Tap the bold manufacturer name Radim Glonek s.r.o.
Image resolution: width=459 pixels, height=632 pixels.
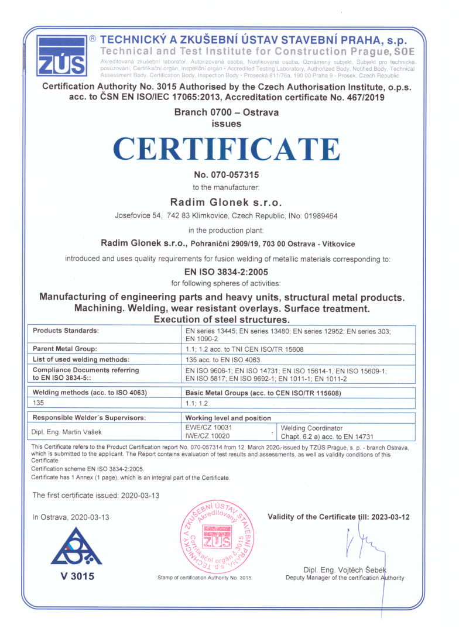(226, 202)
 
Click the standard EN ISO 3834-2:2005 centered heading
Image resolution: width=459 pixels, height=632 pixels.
(226, 271)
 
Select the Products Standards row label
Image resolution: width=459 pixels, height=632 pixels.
(66, 331)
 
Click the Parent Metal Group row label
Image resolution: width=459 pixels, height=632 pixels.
(64, 349)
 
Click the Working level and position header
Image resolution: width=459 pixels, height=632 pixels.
(228, 418)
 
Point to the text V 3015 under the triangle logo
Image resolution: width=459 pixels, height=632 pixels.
(77, 576)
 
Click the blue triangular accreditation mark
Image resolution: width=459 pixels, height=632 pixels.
(76, 547)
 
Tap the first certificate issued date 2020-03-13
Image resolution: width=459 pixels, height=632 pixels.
(140, 495)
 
